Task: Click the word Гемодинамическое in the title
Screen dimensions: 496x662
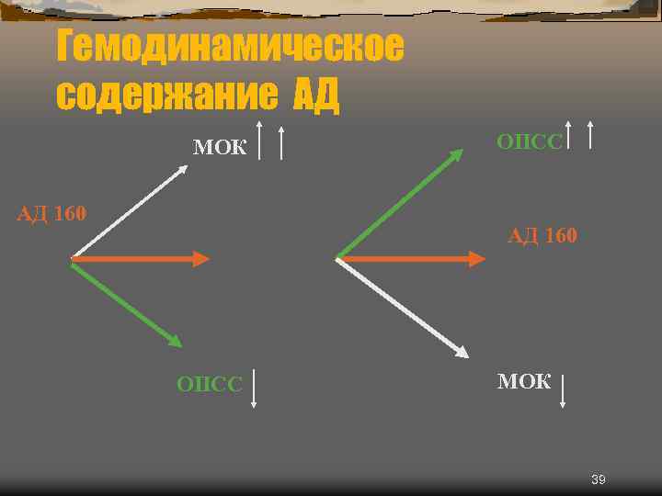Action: click(229, 47)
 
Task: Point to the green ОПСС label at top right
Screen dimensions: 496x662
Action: click(529, 141)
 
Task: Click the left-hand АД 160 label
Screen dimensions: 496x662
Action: click(52, 215)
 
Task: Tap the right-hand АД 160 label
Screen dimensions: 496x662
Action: click(542, 237)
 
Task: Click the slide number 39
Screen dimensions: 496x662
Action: click(598, 480)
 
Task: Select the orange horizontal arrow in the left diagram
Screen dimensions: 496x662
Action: click(138, 259)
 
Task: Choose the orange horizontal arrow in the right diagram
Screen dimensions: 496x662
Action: click(409, 259)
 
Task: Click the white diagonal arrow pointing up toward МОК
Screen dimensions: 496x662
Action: click(129, 210)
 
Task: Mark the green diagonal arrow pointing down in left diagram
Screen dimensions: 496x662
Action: click(127, 303)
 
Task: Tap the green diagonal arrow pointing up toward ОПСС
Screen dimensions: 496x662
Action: click(400, 203)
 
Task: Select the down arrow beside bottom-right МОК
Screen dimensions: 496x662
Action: click(563, 390)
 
